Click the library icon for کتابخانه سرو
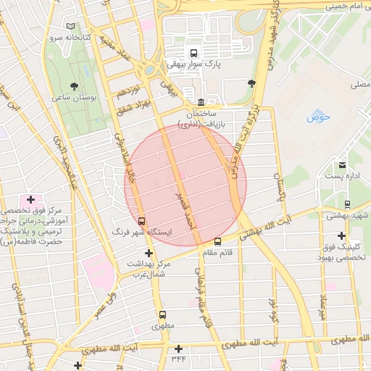click(71, 27)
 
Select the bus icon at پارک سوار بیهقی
click(193, 53)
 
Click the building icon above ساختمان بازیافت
click(201, 101)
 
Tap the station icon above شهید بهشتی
click(347, 204)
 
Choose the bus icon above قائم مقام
click(218, 242)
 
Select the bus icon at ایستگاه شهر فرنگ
click(141, 221)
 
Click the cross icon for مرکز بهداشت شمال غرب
click(149, 253)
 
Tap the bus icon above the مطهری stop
click(162, 315)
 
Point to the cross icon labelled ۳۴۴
click(178, 349)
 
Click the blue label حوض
click(317, 117)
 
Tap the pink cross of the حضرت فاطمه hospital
click(30, 199)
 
